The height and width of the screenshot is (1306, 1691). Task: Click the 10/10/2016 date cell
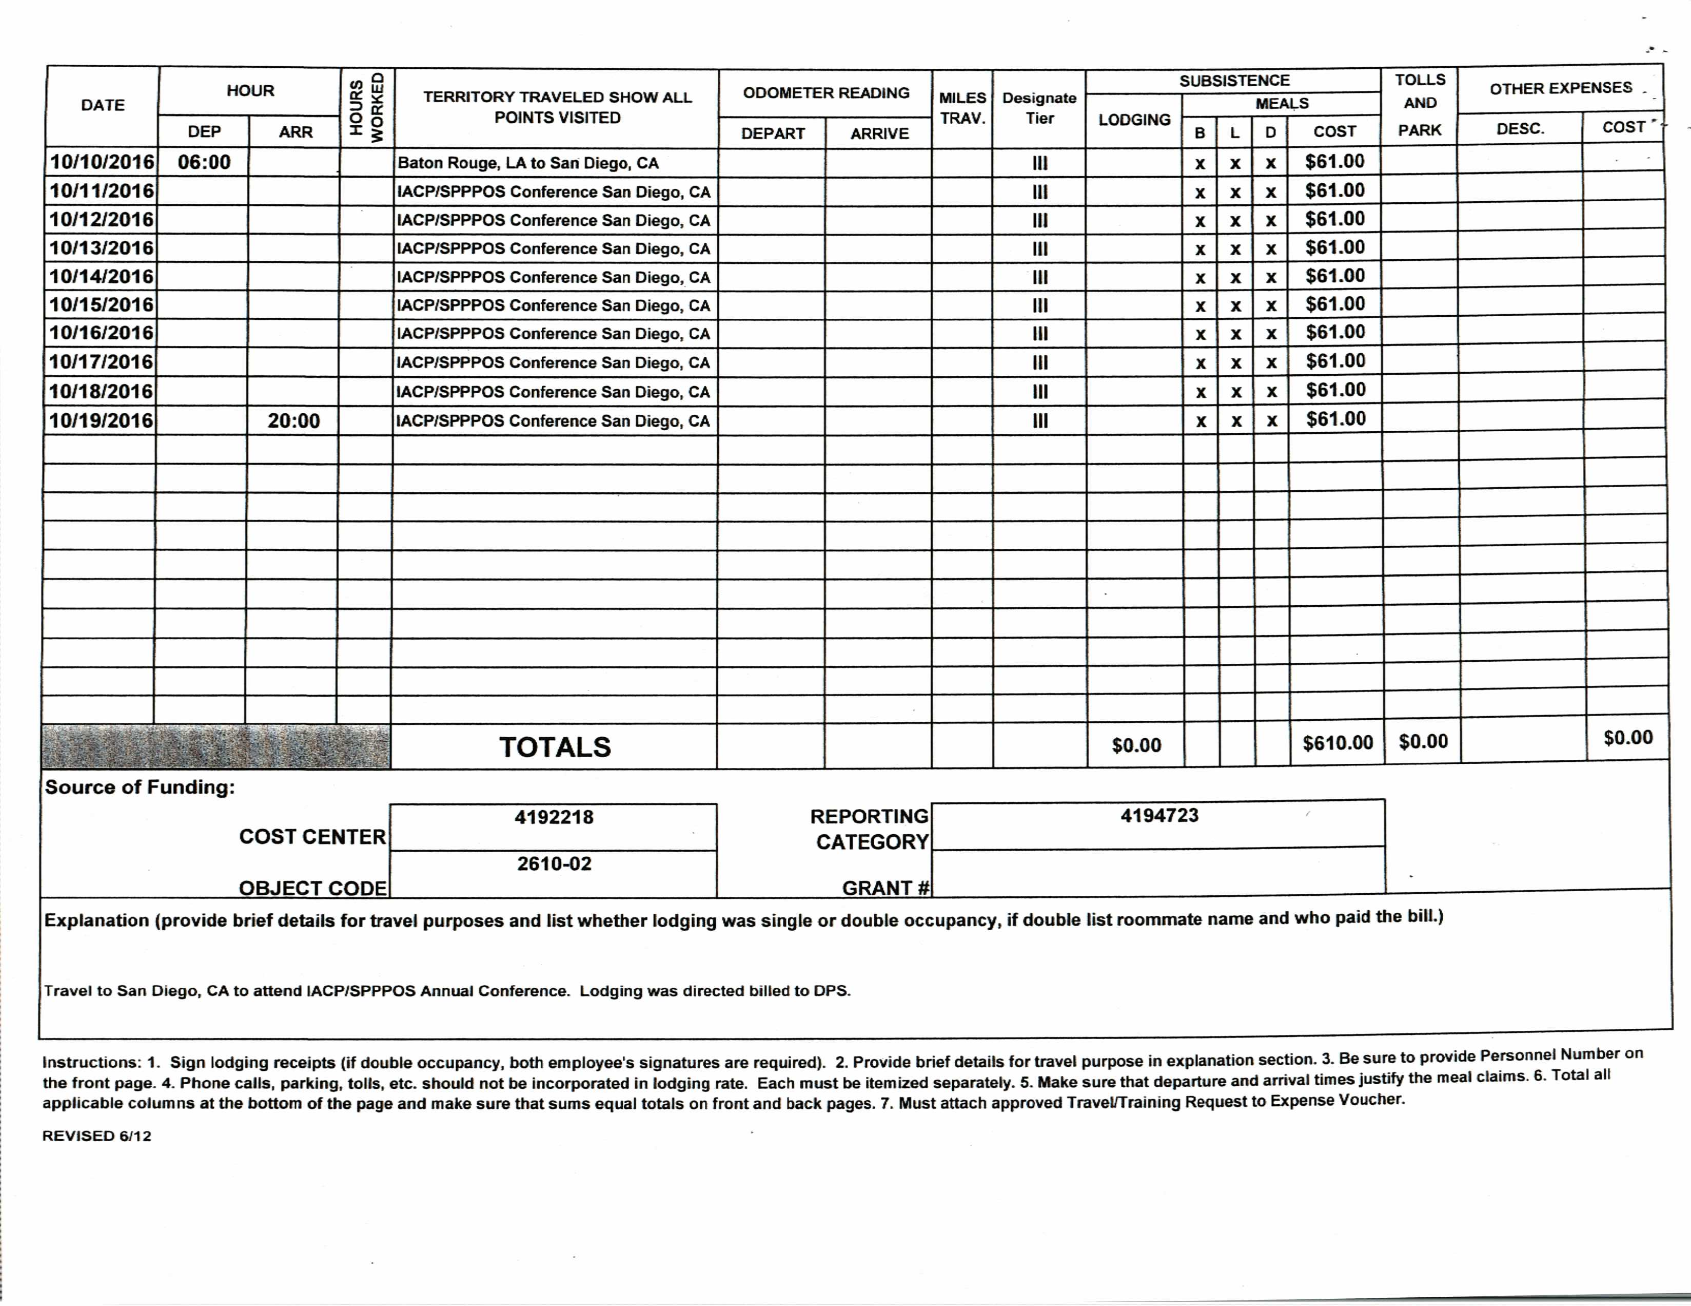coord(102,162)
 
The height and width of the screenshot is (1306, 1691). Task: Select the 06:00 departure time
coord(204,162)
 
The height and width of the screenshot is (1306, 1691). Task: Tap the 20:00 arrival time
coord(293,420)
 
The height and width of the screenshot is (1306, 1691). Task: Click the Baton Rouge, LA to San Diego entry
coord(527,163)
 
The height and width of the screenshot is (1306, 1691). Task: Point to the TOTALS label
coord(555,747)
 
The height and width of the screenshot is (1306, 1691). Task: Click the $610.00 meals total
coord(1337,743)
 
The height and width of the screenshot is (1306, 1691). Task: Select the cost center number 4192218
coord(554,817)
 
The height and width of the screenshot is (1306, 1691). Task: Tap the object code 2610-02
coord(554,863)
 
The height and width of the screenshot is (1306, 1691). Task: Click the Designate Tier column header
coord(1039,108)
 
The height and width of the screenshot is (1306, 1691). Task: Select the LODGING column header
coord(1133,119)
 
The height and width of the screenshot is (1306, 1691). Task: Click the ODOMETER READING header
coord(825,93)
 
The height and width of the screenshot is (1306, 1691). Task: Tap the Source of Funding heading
coord(140,787)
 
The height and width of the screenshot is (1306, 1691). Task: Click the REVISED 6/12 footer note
coord(97,1136)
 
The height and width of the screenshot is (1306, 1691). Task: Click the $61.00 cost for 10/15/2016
coord(1335,303)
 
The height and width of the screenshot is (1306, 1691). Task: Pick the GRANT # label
coord(886,888)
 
